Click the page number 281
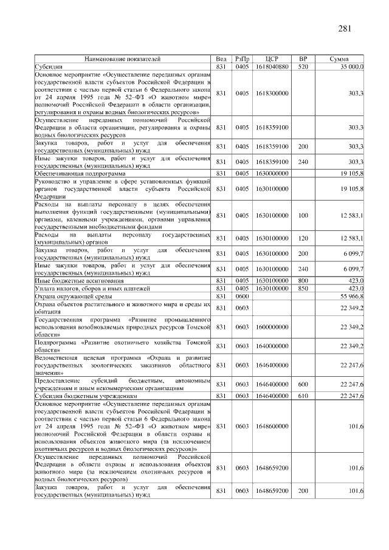coord(345,28)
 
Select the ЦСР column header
coord(272,59)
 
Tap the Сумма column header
coord(339,59)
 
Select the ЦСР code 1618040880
coord(272,66)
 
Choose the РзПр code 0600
coord(243,295)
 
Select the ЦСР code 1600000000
coord(272,327)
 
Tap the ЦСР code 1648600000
coord(272,427)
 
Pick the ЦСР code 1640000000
coord(272,346)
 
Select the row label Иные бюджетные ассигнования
coord(72,281)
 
